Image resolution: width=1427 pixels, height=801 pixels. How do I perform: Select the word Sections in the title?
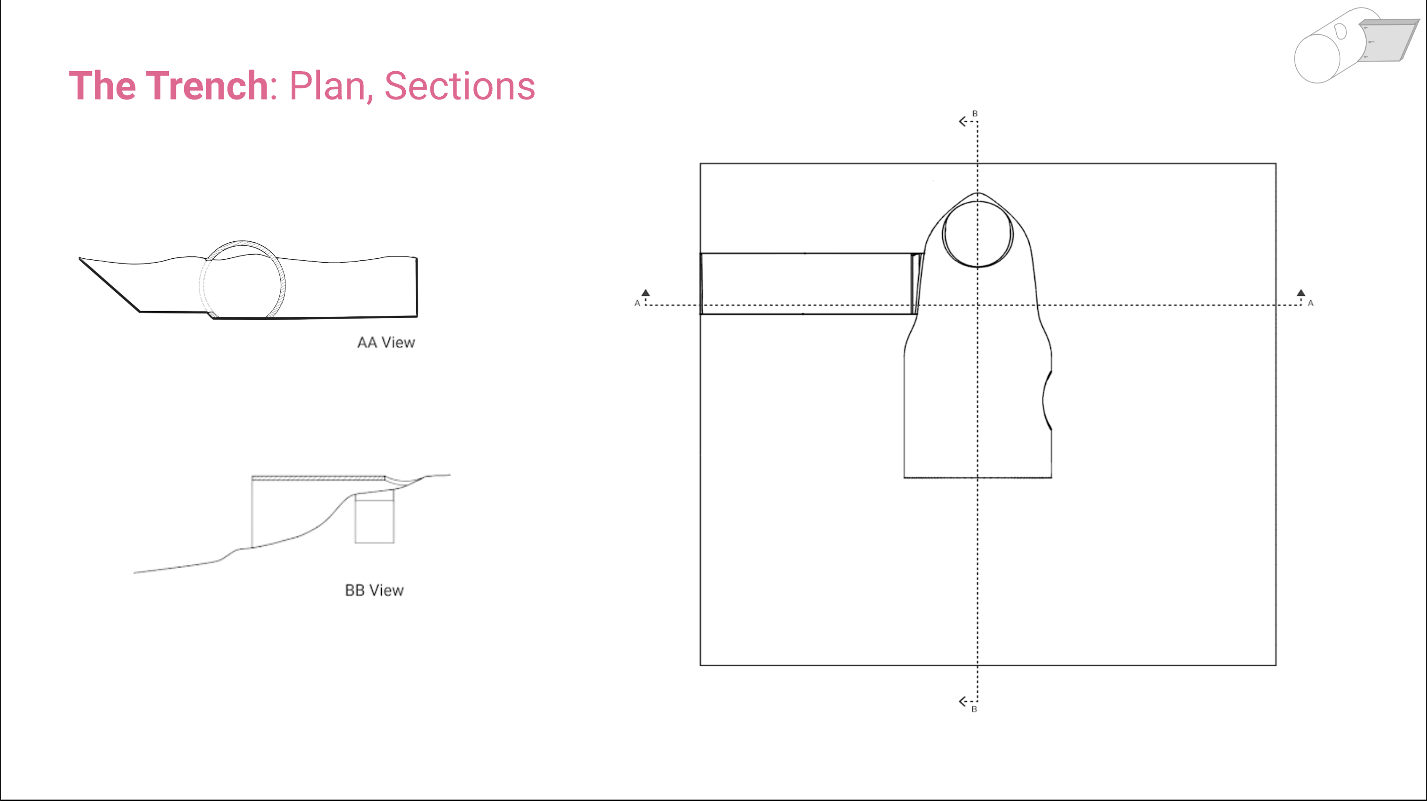click(x=460, y=86)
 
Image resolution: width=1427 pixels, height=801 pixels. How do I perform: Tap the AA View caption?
click(x=386, y=343)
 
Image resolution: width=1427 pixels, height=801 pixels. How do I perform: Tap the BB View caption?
click(x=375, y=590)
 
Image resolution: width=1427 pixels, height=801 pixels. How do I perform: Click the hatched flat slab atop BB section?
click(x=319, y=478)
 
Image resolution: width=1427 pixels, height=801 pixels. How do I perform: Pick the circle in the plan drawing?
click(x=943, y=235)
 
